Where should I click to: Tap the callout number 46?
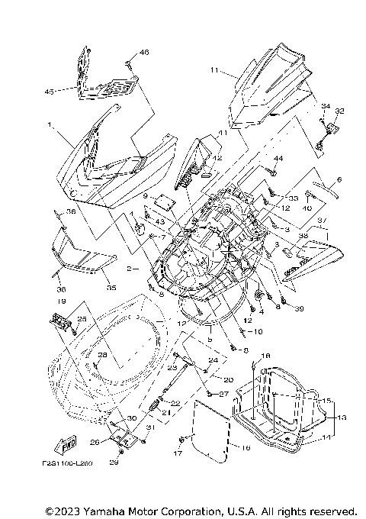coord(145,53)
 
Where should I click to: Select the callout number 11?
coord(215,70)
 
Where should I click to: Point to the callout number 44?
coord(278,158)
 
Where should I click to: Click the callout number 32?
coord(339,111)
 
